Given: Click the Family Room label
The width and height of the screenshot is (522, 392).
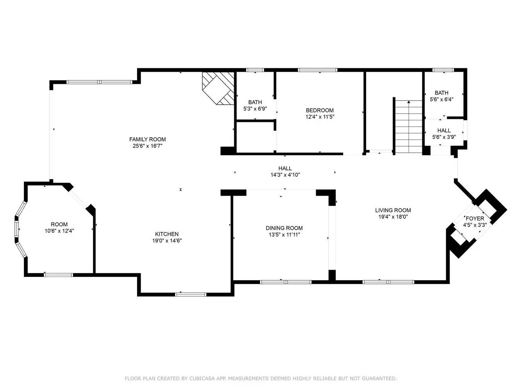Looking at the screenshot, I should (x=148, y=139).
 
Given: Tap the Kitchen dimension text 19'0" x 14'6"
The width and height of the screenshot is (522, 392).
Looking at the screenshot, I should (x=167, y=241).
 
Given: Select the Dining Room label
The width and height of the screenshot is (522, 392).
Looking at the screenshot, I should (x=284, y=228).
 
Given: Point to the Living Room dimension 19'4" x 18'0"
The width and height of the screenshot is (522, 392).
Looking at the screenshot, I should (x=393, y=217).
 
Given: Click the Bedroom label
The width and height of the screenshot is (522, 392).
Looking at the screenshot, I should (x=320, y=110).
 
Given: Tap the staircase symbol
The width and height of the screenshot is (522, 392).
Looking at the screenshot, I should (x=409, y=127).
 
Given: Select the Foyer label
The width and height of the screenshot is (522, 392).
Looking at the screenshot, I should (x=475, y=219).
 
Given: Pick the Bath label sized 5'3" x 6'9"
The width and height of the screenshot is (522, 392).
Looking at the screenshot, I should (x=255, y=102).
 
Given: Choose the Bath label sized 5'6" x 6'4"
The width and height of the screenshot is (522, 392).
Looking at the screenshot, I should (x=442, y=93).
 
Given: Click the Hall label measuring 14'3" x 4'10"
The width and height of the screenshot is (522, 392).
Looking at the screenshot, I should (x=285, y=168).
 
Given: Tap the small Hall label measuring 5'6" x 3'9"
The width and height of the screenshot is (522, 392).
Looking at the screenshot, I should (x=444, y=131).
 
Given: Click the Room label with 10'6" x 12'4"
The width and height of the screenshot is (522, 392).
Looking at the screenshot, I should (x=59, y=224).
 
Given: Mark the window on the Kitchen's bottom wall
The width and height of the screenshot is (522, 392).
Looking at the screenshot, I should (x=191, y=294).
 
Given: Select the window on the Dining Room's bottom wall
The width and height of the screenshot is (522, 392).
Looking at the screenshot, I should (x=286, y=282).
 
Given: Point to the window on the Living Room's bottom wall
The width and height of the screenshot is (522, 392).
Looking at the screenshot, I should (x=388, y=282).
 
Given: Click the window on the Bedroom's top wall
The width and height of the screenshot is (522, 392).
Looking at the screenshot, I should (x=318, y=70).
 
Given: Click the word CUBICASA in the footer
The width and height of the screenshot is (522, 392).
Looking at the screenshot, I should (x=201, y=379).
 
